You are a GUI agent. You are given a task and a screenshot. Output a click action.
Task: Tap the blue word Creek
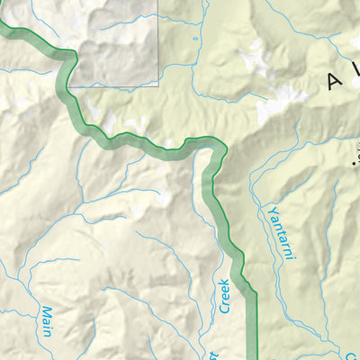pos(222,296)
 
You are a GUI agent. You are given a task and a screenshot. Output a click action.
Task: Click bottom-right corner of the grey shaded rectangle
pos(158,86)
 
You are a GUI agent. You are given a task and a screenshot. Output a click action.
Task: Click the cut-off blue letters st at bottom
pos(214,353)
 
